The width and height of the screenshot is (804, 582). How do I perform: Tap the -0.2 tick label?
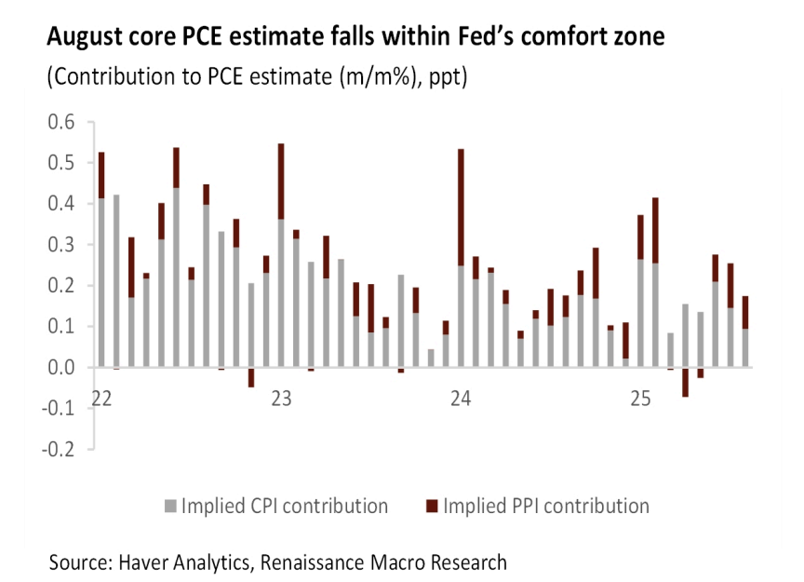[58, 448]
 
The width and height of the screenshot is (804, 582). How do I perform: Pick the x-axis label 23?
[281, 399]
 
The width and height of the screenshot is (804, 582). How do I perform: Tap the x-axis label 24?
[461, 399]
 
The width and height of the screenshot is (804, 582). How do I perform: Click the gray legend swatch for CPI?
[169, 508]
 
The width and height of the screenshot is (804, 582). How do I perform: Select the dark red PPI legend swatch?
[431, 508]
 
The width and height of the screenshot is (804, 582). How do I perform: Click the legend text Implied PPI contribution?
[546, 507]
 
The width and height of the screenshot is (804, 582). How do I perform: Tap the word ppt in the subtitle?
[449, 76]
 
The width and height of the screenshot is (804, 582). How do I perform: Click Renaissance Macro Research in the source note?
[384, 562]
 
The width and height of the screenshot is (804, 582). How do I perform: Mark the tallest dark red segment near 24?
[461, 208]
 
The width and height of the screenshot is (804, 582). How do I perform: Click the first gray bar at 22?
[101, 282]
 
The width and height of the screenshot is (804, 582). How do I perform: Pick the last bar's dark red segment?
[745, 312]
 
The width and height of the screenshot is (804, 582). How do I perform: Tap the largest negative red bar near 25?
[685, 383]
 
